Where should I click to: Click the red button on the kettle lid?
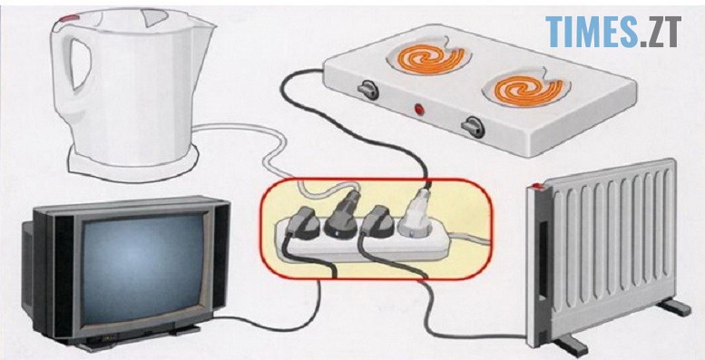pos(70,18)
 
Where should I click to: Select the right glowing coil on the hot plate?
pos(528,88)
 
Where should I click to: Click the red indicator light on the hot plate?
pos(419,109)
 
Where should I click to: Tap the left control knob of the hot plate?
pos(368,90)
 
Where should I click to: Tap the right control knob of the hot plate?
pos(473,127)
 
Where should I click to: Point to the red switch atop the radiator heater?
pos(535,186)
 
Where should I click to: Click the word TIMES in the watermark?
pos(592,32)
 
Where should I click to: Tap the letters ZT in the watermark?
pos(663,32)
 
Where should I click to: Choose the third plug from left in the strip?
pos(377,221)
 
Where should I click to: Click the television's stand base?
pos(135,338)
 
